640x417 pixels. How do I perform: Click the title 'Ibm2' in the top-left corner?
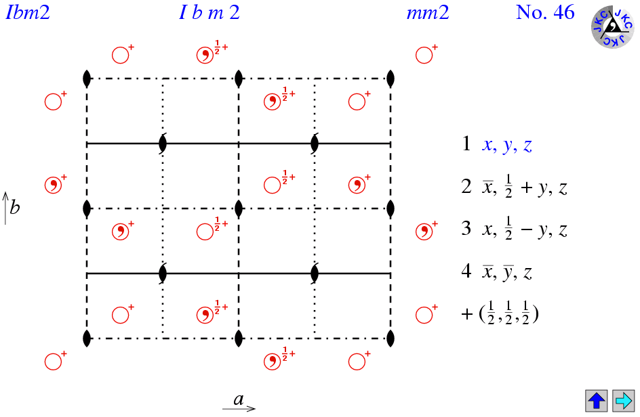28,13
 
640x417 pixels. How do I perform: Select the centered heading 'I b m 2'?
209,13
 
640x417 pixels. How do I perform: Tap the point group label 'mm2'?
428,13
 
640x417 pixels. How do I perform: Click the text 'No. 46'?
545,13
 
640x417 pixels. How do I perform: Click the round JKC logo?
613,27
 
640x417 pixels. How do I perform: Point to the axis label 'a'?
239,399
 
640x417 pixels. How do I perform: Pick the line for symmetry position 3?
513,229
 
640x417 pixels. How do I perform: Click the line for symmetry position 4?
496,273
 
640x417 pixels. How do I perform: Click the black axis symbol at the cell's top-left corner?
87,79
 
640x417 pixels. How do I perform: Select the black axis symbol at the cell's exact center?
239,208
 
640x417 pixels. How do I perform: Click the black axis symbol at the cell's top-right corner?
391,79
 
